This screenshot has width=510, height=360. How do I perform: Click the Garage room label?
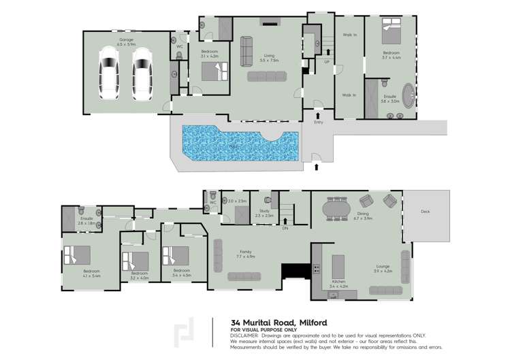(x=127, y=42)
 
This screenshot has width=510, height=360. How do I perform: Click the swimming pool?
(x=239, y=142)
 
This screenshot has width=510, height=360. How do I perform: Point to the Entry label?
(x=318, y=122)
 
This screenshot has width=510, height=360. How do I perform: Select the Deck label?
(x=425, y=212)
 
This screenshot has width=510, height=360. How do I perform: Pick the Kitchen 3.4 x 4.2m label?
(x=338, y=285)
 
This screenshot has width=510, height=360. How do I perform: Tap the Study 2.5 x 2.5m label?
(x=266, y=213)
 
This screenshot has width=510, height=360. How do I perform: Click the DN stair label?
(x=285, y=228)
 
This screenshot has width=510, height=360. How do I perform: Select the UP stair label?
(x=328, y=62)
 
